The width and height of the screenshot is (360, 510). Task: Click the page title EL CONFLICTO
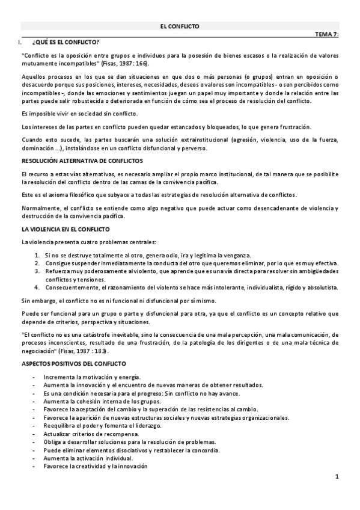point(180,26)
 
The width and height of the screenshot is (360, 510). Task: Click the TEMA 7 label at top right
point(327,35)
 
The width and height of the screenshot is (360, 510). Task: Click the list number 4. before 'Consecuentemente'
point(37,287)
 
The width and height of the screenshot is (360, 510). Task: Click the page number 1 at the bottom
point(337,478)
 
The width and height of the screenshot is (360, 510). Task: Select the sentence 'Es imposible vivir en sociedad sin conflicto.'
point(79,114)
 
